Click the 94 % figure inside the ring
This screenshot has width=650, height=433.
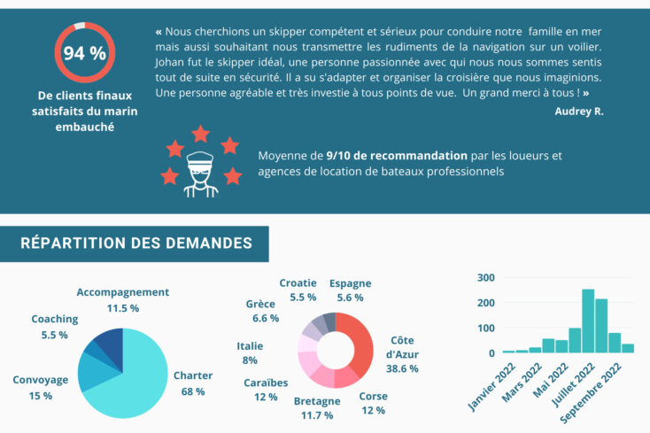[84, 53]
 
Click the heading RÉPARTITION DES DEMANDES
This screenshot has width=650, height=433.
[135, 243]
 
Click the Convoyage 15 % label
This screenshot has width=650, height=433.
[40, 388]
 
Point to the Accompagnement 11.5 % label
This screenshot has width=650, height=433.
[122, 300]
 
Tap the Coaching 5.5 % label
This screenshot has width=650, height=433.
[54, 327]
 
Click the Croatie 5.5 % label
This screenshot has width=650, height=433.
[298, 290]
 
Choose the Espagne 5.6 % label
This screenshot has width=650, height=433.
[350, 290]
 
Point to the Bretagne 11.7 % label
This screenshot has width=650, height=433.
[317, 408]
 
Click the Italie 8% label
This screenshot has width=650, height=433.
[250, 353]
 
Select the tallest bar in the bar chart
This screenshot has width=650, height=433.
[588, 321]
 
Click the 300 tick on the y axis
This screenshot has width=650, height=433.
[484, 277]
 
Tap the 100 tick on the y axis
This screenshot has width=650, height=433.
[484, 329]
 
